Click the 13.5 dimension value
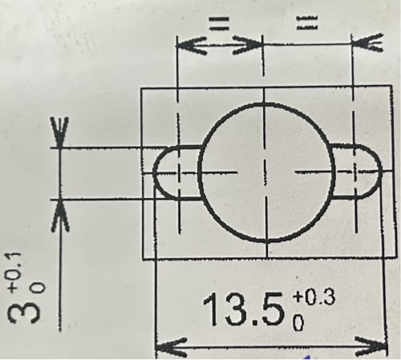[245, 312]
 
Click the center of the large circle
[265, 172]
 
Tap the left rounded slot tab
[175, 172]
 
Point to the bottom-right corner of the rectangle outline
[395, 258]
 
